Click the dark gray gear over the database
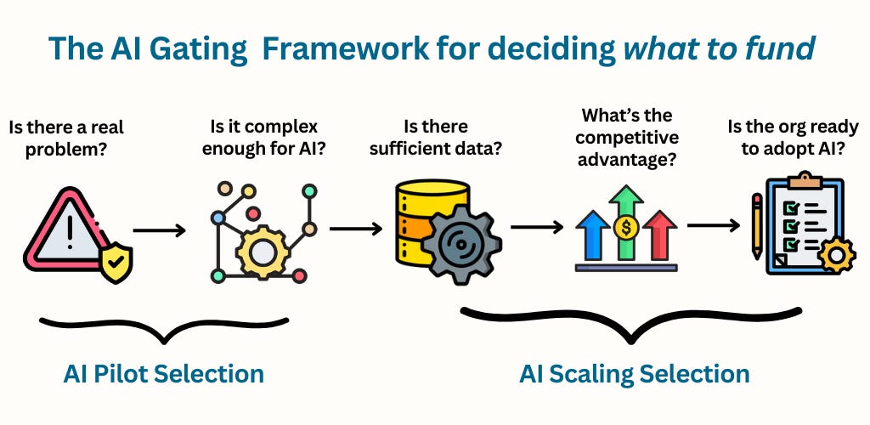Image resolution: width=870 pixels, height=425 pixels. click(461, 241)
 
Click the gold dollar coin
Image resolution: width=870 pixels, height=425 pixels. click(626, 227)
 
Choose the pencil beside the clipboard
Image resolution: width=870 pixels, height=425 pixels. click(756, 225)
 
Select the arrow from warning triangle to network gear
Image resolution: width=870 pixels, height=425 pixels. click(159, 229)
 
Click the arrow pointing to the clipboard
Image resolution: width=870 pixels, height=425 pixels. click(713, 226)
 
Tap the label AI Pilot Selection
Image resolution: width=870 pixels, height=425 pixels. click(163, 374)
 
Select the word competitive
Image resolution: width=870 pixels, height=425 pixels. click(625, 135)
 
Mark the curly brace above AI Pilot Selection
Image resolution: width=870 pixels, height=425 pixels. click(164, 327)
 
